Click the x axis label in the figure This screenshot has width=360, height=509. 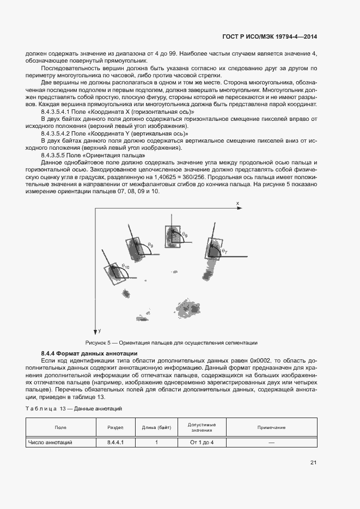coord(237,203)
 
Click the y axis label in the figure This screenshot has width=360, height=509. coord(100,330)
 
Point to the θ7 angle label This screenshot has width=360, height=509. coord(224,251)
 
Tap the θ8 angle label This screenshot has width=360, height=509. coord(185,234)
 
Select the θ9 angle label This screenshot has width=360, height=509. coord(150,245)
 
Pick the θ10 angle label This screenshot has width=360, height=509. coord(125,267)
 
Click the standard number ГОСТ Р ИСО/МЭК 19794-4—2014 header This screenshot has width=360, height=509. coord(270,36)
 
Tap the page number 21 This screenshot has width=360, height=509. coord(313,463)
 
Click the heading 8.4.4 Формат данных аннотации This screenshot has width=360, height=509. coord(89,354)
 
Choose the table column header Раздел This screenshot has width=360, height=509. coord(115,427)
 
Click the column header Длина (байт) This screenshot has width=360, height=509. coord(156,427)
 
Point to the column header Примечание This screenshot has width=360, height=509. coord(271,427)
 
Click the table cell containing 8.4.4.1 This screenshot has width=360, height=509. coord(115,443)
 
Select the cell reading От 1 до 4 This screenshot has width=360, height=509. coord(202,443)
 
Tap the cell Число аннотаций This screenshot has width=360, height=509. coord(50,443)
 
